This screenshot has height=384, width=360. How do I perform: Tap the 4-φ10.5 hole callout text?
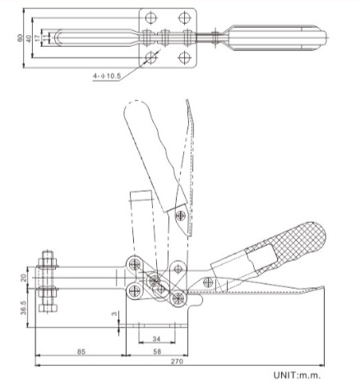(x=109, y=76)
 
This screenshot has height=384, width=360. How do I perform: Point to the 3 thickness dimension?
(x=115, y=315)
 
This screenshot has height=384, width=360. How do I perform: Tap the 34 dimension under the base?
(x=156, y=337)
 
